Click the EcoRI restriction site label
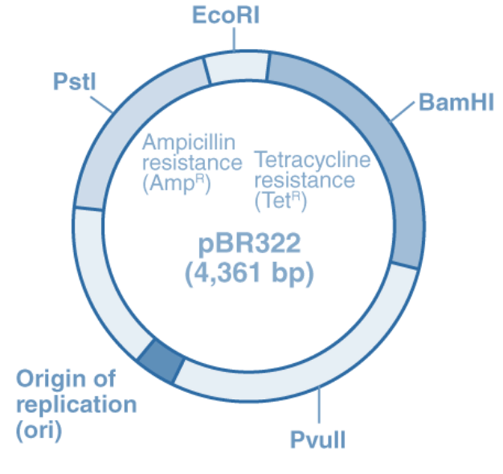coord(226,15)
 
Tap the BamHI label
coord(456,102)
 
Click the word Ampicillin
coord(189,142)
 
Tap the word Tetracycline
coord(313,160)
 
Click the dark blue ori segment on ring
coord(161,359)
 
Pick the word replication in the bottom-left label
coord(77,405)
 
